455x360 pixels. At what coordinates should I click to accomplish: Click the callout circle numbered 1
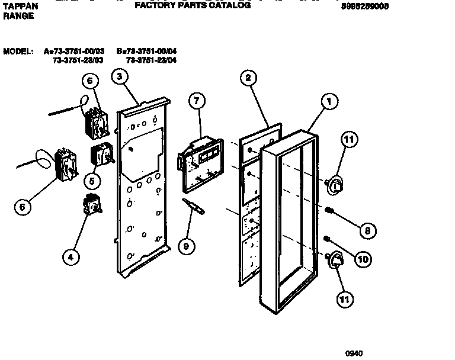tap(328, 102)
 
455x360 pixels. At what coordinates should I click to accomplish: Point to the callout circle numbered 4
tap(71, 256)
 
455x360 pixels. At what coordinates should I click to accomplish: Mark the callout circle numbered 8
tap(367, 230)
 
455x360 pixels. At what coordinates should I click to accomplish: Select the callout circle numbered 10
tap(363, 258)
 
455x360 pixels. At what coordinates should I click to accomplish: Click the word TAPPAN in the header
tap(20, 6)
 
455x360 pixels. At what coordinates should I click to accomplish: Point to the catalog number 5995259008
tap(366, 7)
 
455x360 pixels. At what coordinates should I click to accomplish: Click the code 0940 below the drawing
tap(354, 353)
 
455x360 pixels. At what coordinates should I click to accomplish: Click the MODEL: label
tap(18, 52)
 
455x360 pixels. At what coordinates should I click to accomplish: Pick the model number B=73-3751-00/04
tap(146, 52)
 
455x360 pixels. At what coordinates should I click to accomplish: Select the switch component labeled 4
tap(92, 204)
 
